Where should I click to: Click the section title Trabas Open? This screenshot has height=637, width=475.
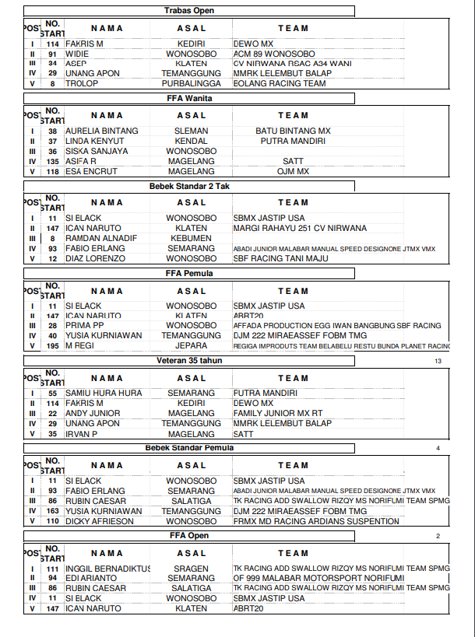[x=190, y=11]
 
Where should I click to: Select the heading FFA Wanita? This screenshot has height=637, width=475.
[x=190, y=99]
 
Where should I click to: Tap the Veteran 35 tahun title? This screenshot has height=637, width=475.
[x=190, y=361]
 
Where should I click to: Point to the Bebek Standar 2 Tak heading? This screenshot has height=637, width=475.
[x=190, y=187]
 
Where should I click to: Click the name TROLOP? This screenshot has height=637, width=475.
[x=82, y=83]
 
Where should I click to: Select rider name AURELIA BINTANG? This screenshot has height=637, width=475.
[x=102, y=131]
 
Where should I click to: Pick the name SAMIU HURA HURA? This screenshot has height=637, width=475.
[x=104, y=394]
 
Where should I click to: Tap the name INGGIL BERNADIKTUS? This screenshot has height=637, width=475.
[x=107, y=569]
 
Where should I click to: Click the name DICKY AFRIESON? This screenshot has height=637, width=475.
[x=100, y=521]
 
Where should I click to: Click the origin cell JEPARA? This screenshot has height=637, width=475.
[x=191, y=345]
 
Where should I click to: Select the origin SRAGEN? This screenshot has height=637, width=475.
[x=191, y=569]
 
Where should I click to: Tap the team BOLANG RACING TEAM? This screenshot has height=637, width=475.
[x=280, y=83]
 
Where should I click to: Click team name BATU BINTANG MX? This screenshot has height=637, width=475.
[x=293, y=131]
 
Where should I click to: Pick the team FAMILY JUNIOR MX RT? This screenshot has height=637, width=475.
[x=278, y=414]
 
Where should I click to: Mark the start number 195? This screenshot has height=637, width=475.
[x=52, y=345]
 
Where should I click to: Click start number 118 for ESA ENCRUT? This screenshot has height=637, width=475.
[x=52, y=171]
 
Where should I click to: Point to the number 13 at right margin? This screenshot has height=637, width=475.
[x=438, y=362]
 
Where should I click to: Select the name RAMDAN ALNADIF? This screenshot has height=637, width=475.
[x=101, y=238]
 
